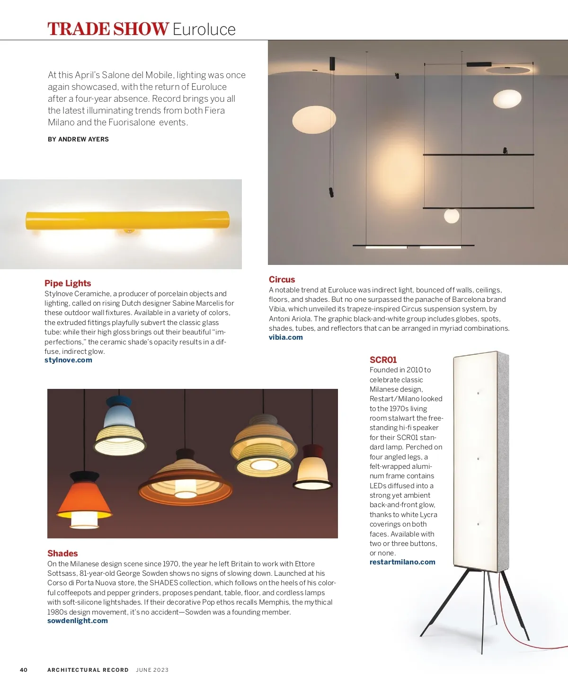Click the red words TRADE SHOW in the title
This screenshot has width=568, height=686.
[108, 29]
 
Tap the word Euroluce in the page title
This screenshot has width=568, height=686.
[204, 29]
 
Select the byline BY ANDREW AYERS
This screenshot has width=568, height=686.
[78, 139]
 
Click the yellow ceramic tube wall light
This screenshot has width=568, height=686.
[127, 220]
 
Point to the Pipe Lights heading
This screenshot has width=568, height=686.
[68, 283]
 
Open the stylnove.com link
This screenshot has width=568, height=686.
[68, 360]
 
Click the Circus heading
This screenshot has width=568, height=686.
[282, 280]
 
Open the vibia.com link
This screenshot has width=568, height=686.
[285, 337]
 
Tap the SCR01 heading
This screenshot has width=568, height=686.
[383, 360]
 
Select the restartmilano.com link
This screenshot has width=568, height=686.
[402, 562]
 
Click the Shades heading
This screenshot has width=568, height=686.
[62, 553]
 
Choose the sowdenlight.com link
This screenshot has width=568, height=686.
[78, 621]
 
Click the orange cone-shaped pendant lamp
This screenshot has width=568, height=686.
[84, 497]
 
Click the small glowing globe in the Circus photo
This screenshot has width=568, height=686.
[452, 216]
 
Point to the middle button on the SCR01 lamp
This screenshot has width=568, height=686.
[478, 458]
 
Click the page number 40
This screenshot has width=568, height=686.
[24, 670]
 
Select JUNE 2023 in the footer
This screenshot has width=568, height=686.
[152, 670]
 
